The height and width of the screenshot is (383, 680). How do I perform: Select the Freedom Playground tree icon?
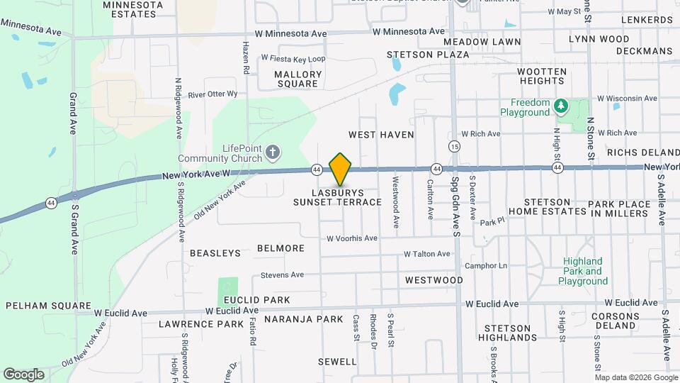[561, 105]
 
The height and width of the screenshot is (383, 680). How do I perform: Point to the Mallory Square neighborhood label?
[297, 79]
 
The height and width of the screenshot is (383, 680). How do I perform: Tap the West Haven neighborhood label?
[381, 134]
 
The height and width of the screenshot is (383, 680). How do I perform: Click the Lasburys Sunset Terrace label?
[338, 197]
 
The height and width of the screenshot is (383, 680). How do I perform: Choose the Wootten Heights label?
[542, 77]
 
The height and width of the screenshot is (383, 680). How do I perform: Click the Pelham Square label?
[40, 305]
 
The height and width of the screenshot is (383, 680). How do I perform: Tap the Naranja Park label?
[303, 319]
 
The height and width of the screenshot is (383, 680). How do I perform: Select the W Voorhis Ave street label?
[351, 238]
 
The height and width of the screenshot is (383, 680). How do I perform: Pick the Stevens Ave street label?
[282, 274]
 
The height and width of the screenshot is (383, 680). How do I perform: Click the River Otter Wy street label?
[212, 94]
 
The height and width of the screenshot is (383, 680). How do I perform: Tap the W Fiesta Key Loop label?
[293, 58]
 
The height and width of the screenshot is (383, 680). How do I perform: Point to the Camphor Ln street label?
[486, 266]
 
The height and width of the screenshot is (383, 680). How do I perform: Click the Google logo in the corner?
[23, 374]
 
